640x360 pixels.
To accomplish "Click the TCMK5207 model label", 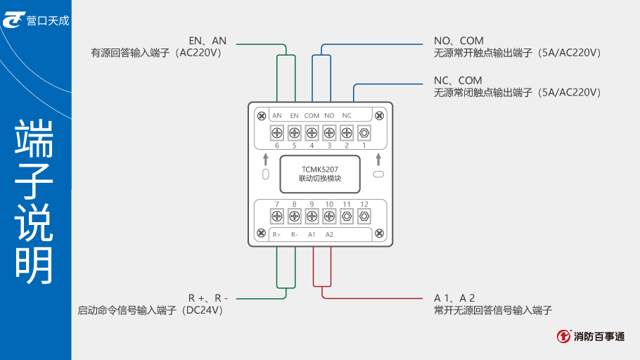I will (320, 169).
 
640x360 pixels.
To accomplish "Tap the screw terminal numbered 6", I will (277, 132).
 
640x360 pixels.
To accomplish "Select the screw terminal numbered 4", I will (312, 132).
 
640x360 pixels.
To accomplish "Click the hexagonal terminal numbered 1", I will (364, 132).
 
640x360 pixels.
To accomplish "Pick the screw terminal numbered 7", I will (277, 216).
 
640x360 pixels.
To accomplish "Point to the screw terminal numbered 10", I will (329, 216).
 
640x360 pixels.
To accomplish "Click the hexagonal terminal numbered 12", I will (364, 216).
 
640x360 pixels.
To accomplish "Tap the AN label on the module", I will (277, 115).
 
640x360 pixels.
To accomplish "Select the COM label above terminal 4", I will (312, 115).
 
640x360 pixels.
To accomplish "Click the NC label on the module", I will (347, 115).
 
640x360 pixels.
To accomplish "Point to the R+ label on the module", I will (277, 234).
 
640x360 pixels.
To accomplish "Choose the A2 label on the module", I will (329, 234).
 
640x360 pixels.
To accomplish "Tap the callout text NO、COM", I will (459, 41).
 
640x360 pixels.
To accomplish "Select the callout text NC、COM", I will (458, 80).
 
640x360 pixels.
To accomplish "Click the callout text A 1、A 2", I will (454, 298).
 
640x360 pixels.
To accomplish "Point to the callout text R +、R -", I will (208, 298).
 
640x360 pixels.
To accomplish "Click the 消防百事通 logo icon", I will (564, 337).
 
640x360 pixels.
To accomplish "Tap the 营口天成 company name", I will (48, 21).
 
